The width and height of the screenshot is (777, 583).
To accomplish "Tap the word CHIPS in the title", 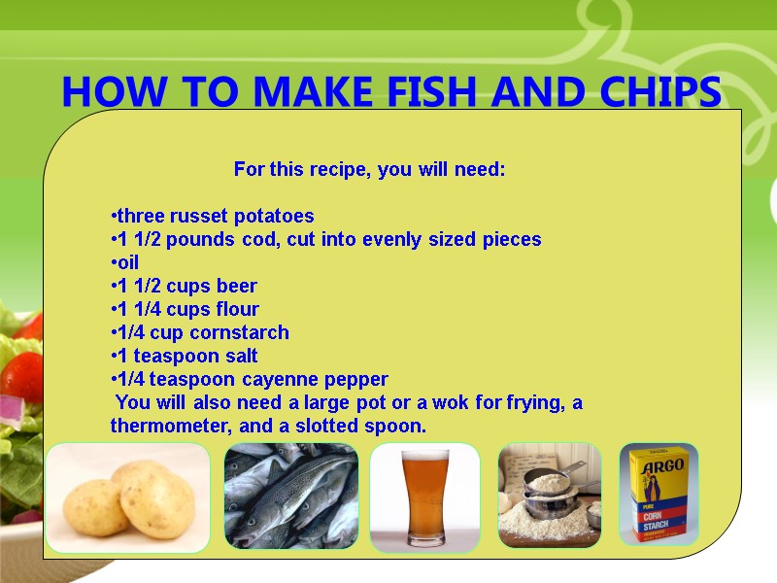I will [x=658, y=92].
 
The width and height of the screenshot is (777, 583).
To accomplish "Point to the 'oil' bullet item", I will [x=126, y=262].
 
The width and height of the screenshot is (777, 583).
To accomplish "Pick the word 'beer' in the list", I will [x=237, y=286].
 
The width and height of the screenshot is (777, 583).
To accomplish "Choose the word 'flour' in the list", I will [x=237, y=309].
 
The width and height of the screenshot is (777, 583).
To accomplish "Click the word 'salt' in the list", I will [x=236, y=356].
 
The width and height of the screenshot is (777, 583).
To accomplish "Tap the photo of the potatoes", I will [x=128, y=498].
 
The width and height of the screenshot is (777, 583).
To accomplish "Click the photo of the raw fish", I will [x=291, y=497].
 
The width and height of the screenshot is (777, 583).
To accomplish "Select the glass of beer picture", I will [x=425, y=497].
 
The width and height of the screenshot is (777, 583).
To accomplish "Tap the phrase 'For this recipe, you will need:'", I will [x=369, y=170].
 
